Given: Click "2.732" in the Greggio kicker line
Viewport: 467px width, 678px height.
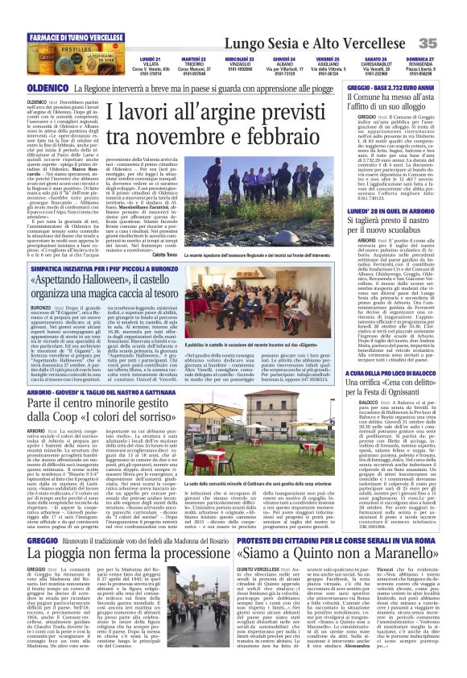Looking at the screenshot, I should click(x=386, y=86).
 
